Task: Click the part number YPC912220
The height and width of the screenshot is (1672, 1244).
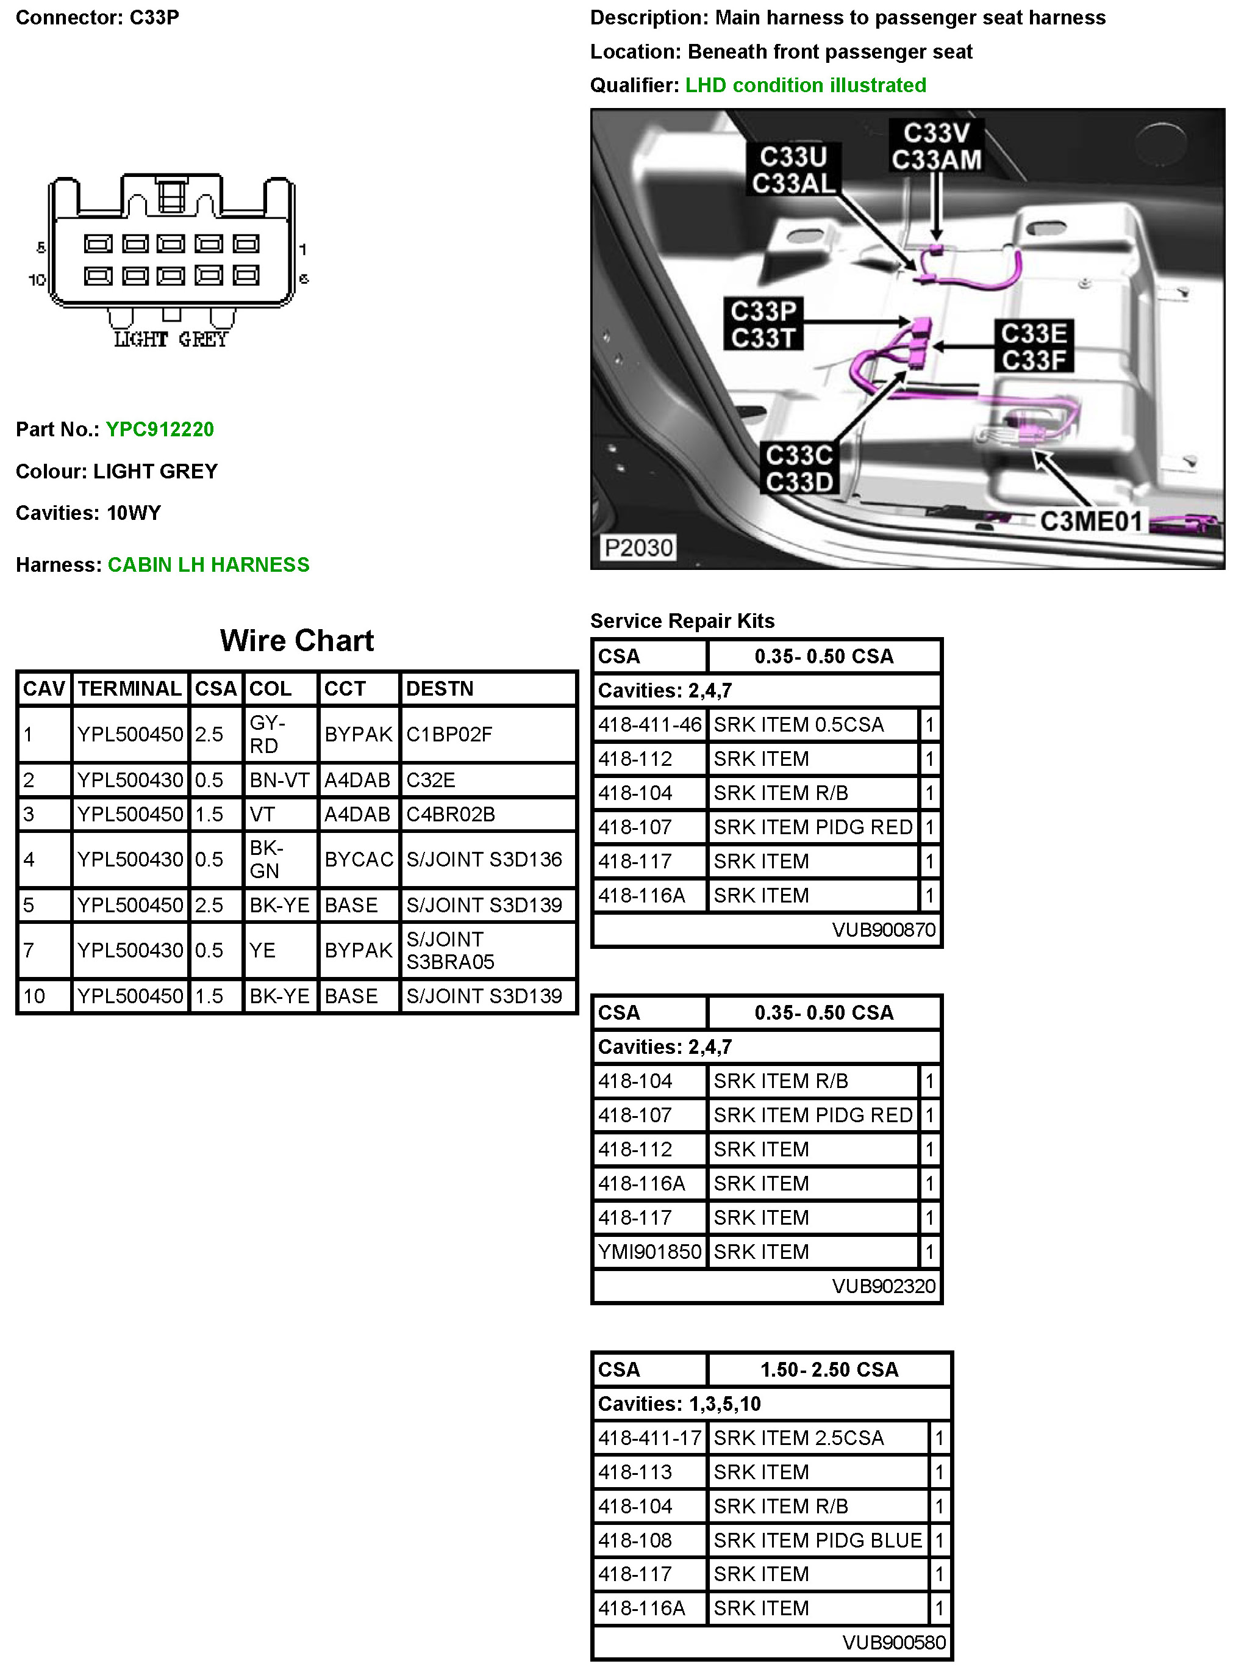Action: (x=160, y=430)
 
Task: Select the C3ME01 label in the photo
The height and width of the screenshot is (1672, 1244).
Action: (x=1090, y=521)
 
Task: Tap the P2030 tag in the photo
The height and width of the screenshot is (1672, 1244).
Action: (x=638, y=547)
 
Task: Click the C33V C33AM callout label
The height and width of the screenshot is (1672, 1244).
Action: (x=936, y=146)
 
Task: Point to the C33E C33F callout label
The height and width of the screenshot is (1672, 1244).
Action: (x=1034, y=347)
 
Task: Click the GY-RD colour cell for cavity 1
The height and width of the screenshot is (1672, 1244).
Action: (x=268, y=734)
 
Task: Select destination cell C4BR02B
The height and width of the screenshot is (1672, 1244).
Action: (x=450, y=815)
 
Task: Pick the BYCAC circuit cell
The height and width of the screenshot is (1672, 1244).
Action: (x=359, y=860)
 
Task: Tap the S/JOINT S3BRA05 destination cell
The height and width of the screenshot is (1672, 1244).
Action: (x=450, y=950)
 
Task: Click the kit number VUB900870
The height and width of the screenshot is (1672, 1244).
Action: (x=883, y=930)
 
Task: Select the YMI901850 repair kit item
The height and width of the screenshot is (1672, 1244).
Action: (x=649, y=1252)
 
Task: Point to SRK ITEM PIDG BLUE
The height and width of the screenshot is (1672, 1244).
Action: (x=818, y=1540)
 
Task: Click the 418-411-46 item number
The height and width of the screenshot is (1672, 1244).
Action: (x=649, y=725)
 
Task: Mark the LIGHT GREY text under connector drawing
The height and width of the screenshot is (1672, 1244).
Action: (x=170, y=340)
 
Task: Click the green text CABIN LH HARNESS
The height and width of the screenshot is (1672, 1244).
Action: (x=209, y=565)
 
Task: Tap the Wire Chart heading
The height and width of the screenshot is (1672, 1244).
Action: (x=297, y=641)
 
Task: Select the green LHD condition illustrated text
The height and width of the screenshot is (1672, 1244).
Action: (x=805, y=85)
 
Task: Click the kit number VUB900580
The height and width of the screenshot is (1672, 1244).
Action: (x=893, y=1643)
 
